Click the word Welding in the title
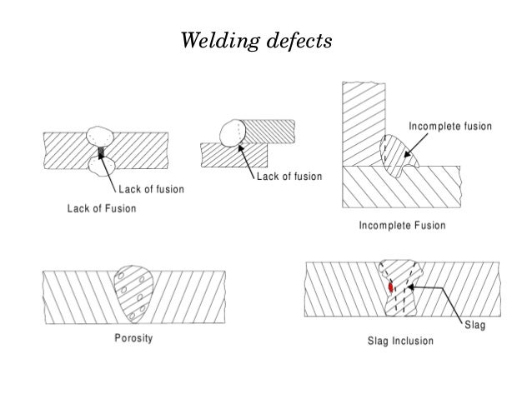point(215,40)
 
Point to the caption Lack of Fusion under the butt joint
point(102,208)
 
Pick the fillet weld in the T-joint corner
point(393,156)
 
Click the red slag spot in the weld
point(391,287)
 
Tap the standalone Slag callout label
point(474,326)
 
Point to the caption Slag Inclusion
point(400,342)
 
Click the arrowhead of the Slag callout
point(412,287)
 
